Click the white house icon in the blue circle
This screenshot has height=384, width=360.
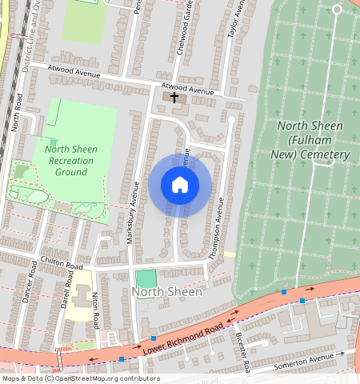[x=180, y=185]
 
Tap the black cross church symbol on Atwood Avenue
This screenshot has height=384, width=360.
[x=174, y=97]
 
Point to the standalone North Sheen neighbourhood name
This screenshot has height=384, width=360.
[x=167, y=292]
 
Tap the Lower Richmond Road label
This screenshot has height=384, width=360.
[x=182, y=339]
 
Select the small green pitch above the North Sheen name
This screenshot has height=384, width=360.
[x=146, y=278]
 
